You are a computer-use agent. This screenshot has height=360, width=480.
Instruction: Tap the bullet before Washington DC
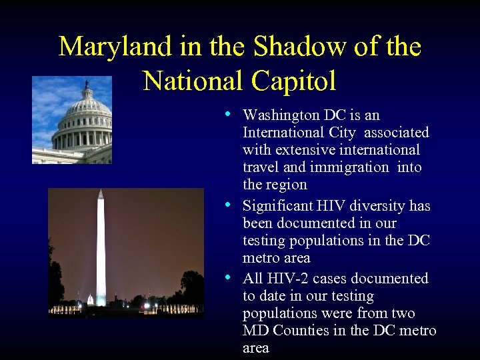[x=229, y=114]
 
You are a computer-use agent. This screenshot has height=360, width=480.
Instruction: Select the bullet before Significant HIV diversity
[x=229, y=205]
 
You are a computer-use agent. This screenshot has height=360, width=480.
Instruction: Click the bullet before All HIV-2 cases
[x=229, y=277]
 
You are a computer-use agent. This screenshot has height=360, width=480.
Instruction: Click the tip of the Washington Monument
[x=101, y=191]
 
